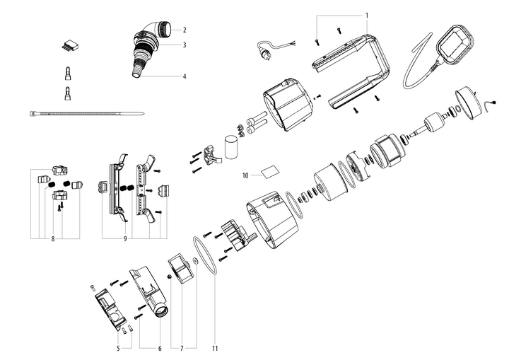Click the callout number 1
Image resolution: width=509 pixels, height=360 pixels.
(367, 16)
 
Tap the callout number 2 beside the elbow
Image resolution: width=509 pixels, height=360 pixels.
(185, 30)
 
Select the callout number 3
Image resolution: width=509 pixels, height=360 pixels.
(185, 45)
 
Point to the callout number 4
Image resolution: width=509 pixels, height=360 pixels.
(185, 76)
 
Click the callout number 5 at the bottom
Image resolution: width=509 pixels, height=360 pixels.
(118, 348)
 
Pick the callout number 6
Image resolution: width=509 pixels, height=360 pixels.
(160, 348)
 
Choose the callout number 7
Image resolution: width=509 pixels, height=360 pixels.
(182, 348)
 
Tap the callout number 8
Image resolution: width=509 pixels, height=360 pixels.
(53, 239)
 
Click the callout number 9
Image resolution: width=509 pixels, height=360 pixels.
(125, 239)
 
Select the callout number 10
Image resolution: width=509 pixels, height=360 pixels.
(245, 175)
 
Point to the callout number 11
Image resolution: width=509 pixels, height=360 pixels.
(215, 348)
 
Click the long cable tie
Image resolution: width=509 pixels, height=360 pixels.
(87, 113)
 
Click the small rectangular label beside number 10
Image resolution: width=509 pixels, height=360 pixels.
(270, 172)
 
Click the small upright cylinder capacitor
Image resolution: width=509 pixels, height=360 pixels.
(231, 147)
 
